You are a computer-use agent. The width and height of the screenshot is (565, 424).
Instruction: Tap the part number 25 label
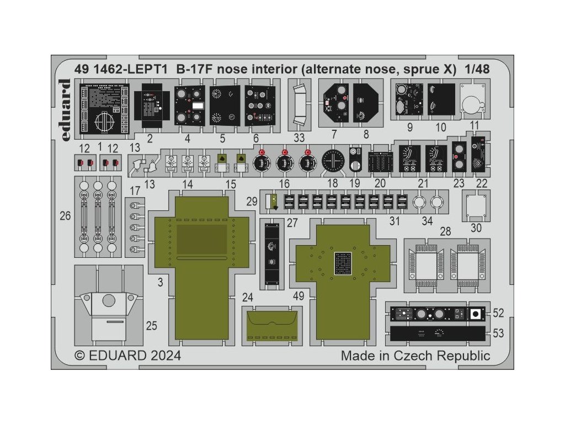tap(151, 326)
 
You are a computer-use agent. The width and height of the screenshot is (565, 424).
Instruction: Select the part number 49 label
tap(299, 296)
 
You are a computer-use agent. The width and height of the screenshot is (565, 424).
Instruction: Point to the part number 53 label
tap(498, 333)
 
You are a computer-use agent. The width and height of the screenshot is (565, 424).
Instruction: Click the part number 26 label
tap(65, 216)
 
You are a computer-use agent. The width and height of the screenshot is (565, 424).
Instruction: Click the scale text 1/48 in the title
tap(477, 70)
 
